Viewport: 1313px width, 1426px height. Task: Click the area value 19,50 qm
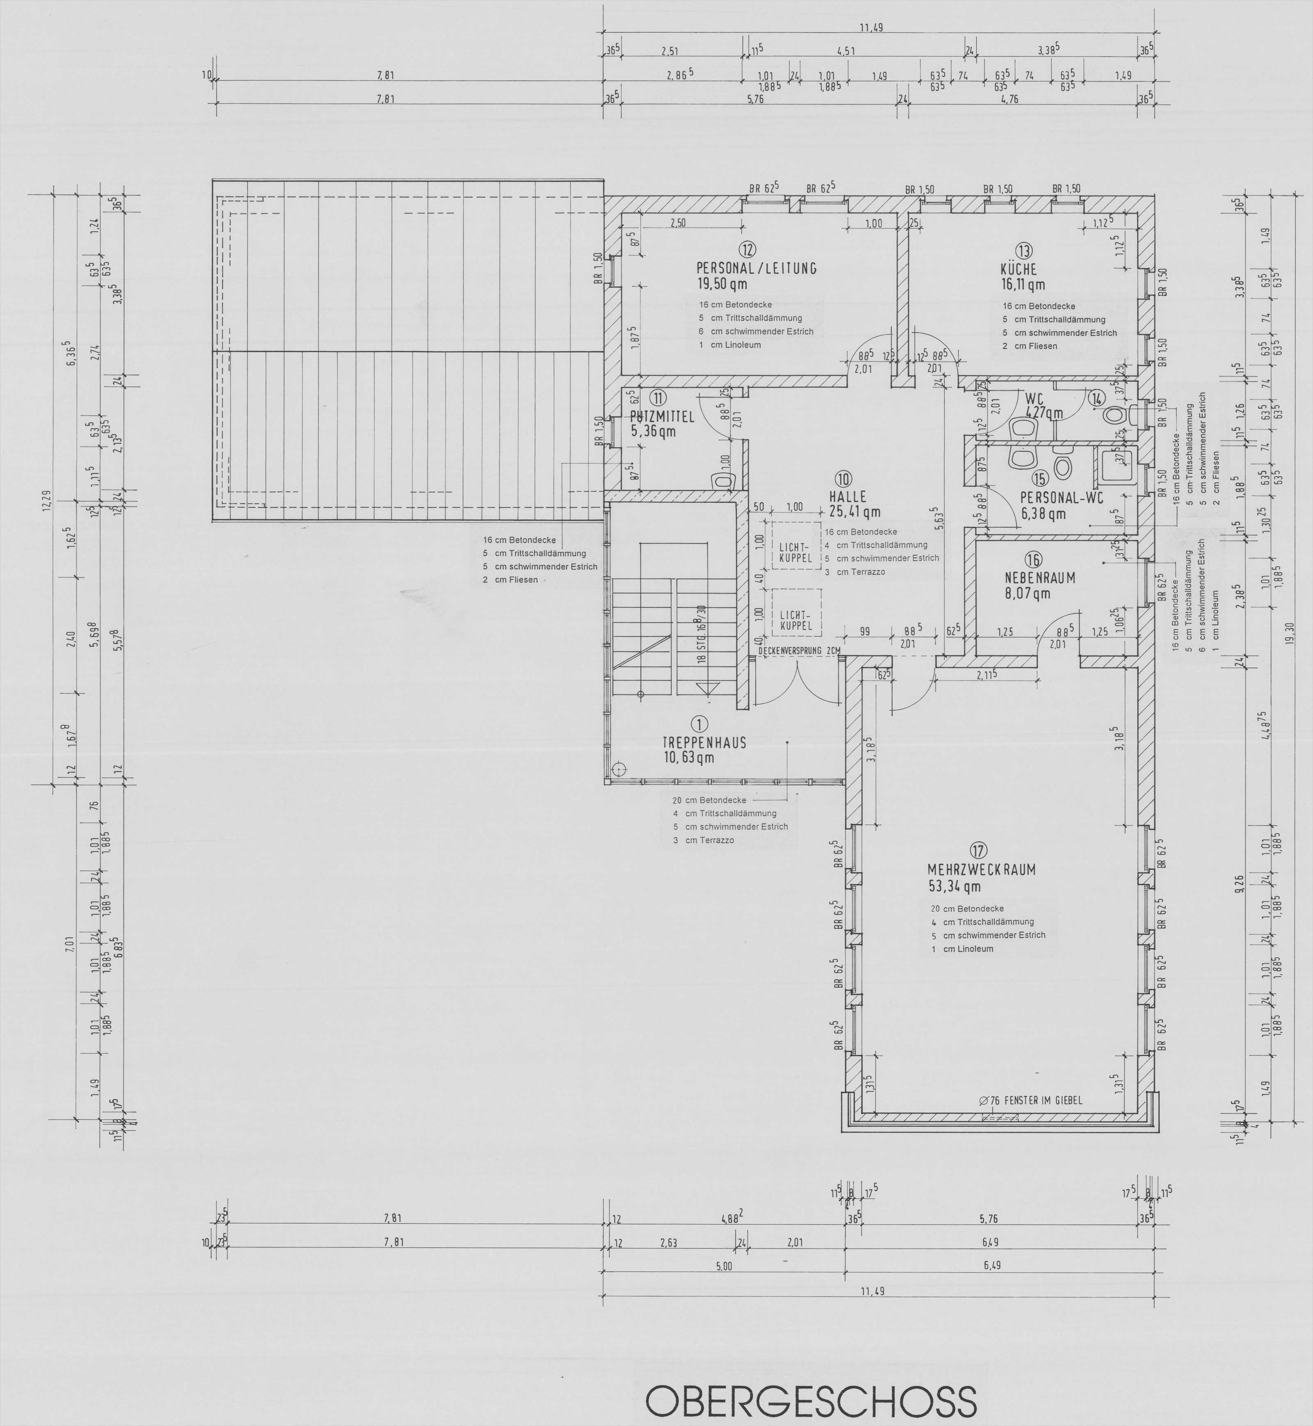[x=722, y=284]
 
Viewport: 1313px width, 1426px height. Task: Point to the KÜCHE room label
[x=1018, y=269]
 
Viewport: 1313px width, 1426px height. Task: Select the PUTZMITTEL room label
[x=662, y=417]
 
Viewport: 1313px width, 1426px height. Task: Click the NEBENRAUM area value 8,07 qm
[x=1027, y=593]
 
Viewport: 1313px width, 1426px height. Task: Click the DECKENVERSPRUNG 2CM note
[x=799, y=650]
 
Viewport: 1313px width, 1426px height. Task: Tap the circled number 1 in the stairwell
[x=700, y=724]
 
